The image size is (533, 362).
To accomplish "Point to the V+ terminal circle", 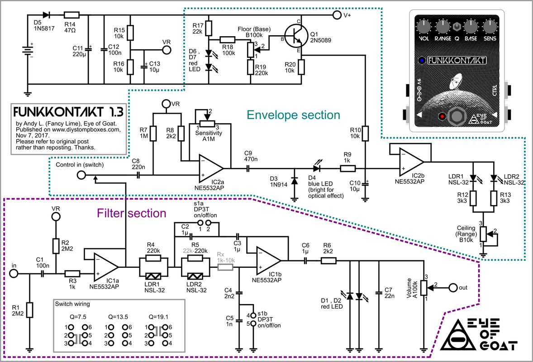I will (x=336, y=15).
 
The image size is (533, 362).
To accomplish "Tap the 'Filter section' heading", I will (x=132, y=212).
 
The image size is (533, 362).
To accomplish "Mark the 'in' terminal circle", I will (x=14, y=273).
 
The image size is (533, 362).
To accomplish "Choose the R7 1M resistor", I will (x=154, y=133).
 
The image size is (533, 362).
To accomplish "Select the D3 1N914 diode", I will (x=294, y=181).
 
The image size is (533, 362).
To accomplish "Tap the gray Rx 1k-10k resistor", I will (x=225, y=267).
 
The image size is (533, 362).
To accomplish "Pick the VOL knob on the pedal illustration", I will (x=424, y=27).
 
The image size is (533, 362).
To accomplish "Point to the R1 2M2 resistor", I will (x=29, y=310).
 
